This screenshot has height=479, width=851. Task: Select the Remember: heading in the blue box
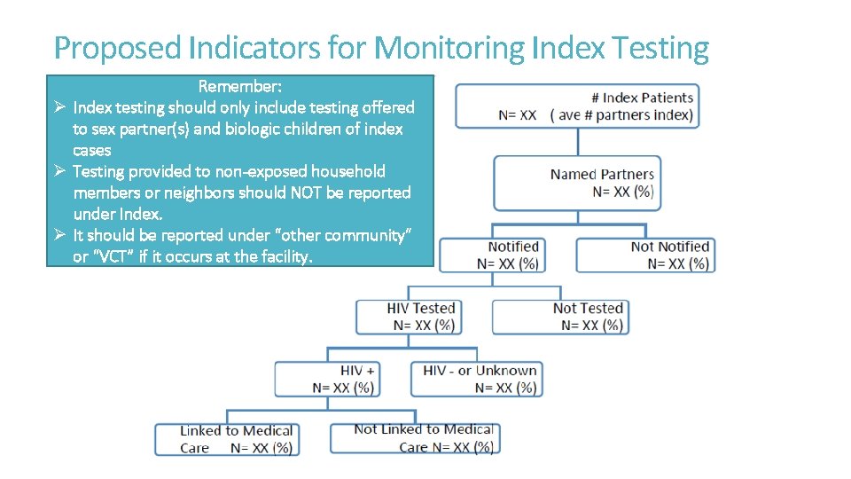[240, 86]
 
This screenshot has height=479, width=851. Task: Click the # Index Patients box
[576, 106]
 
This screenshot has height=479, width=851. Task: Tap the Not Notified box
[645, 255]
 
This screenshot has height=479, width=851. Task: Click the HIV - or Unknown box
[477, 379]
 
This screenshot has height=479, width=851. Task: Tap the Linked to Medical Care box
[227, 439]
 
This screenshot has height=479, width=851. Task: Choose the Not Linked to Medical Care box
[415, 438]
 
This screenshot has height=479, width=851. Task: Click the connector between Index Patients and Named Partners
[577, 142]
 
